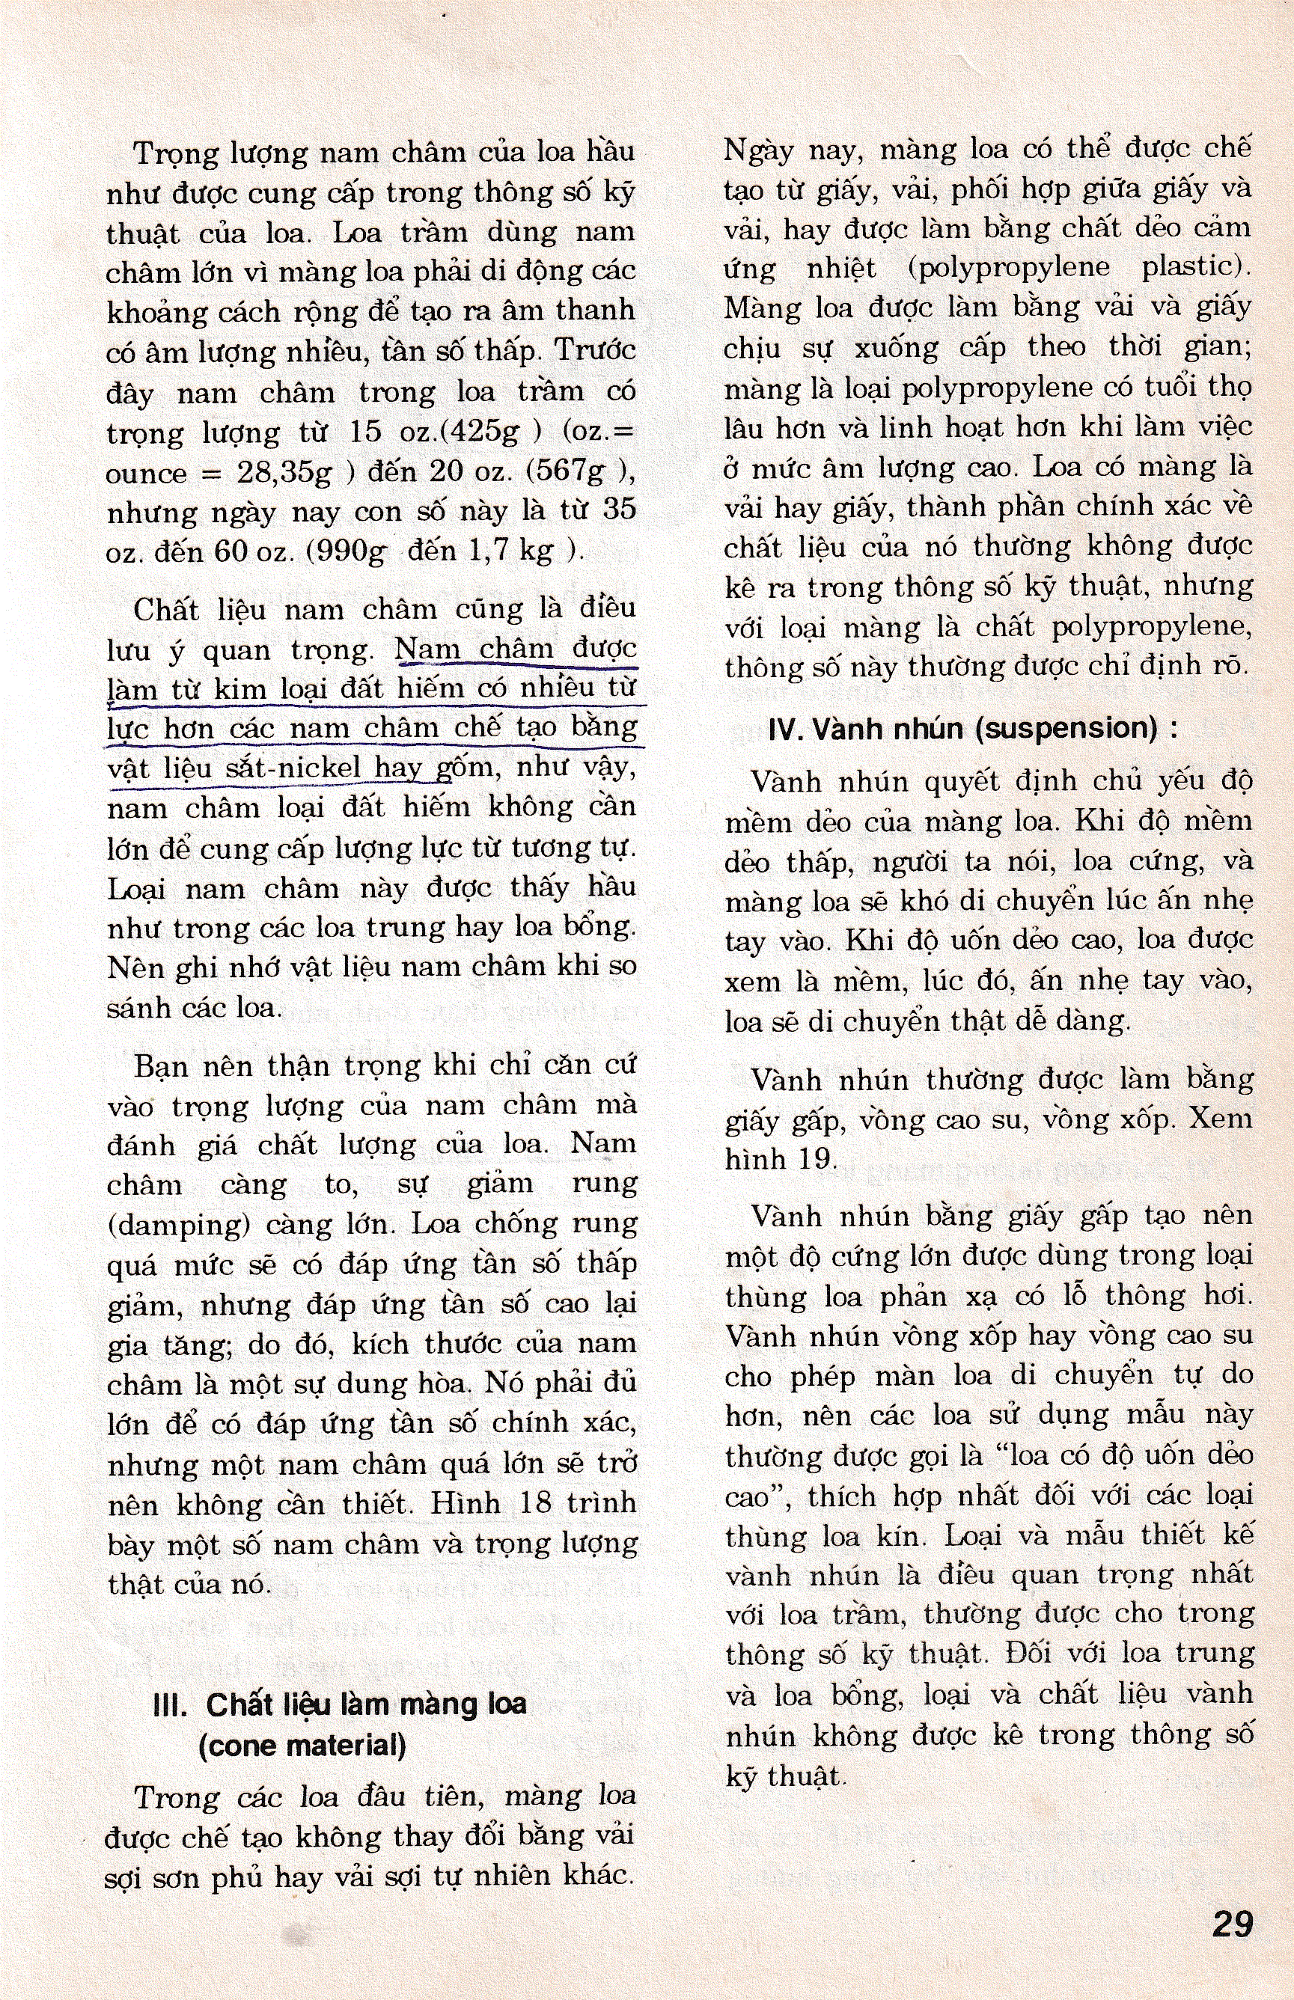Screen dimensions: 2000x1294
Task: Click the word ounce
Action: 145,474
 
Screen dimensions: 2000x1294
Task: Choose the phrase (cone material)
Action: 302,1746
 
